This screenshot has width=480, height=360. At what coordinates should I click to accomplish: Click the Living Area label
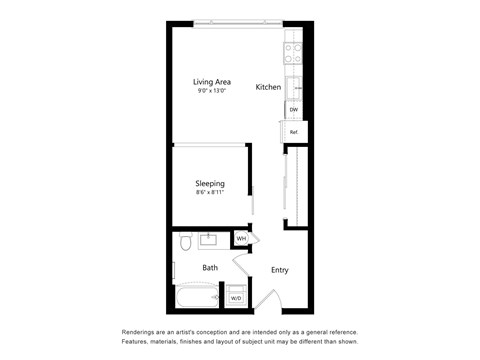tap(212, 82)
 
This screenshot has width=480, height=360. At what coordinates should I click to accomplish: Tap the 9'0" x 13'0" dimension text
tap(212, 93)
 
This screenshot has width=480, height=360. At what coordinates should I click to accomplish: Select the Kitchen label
tap(268, 88)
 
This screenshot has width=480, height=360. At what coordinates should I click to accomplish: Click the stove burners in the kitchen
tap(294, 49)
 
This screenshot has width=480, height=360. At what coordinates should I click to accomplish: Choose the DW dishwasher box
tap(294, 110)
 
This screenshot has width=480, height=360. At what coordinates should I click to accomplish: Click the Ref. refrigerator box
tap(294, 132)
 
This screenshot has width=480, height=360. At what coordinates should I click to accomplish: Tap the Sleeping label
tap(209, 184)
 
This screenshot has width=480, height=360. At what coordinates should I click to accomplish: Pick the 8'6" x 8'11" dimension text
tap(209, 195)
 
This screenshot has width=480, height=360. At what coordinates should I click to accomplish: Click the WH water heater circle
tap(241, 239)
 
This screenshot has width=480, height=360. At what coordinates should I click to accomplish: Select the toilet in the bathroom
tap(185, 244)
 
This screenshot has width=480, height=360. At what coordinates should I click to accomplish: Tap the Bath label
tap(210, 268)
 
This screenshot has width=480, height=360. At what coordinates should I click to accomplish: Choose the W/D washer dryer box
tap(236, 298)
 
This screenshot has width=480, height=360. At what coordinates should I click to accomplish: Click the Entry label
tap(280, 270)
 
